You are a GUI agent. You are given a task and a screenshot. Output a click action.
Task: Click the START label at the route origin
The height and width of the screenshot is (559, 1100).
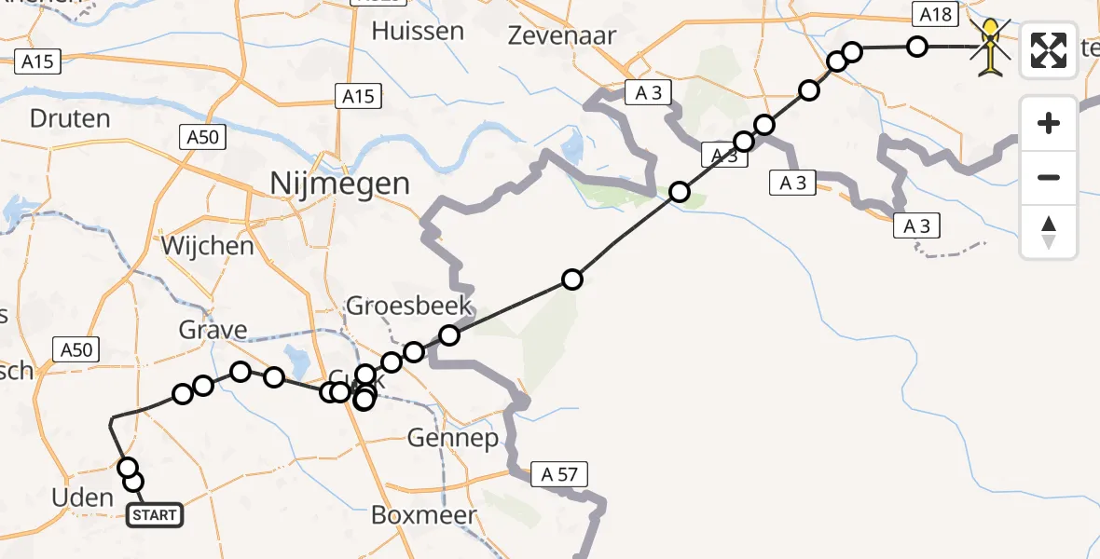(x=155, y=515)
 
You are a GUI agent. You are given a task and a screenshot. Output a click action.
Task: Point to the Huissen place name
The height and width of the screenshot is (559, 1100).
(x=418, y=31)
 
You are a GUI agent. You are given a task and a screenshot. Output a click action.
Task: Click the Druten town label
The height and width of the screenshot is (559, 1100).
(x=70, y=118)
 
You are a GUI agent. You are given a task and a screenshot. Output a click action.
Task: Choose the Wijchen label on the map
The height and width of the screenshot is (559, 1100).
(x=207, y=246)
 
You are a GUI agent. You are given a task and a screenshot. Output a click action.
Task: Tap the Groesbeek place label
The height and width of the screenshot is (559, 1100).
(x=408, y=305)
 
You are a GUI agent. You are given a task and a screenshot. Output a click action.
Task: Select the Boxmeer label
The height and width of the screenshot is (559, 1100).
(x=424, y=514)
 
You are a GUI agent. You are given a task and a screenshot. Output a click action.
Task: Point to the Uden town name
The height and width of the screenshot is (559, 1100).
(x=83, y=498)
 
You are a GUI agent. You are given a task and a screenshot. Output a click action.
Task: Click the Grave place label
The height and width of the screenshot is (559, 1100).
(x=213, y=330)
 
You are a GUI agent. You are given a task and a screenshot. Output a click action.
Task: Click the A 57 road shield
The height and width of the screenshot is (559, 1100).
(x=559, y=474)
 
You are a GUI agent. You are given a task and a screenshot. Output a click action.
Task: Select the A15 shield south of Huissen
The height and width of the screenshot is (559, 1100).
(x=358, y=96)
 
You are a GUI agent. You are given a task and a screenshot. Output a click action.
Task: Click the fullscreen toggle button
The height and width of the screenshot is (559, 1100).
(x=1049, y=50)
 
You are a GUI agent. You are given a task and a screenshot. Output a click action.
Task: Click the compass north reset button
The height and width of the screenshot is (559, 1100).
(x=1049, y=232)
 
